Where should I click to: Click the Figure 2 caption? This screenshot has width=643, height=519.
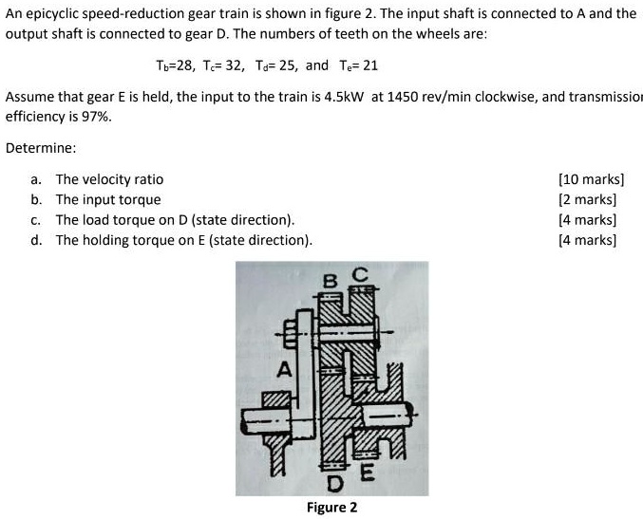331,507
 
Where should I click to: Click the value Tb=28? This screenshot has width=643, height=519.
174,66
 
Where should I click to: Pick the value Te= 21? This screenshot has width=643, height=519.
356,66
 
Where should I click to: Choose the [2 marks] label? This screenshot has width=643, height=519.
588,199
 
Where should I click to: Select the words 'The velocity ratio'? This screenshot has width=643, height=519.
109,179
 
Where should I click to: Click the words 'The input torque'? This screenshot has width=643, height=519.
108,199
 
